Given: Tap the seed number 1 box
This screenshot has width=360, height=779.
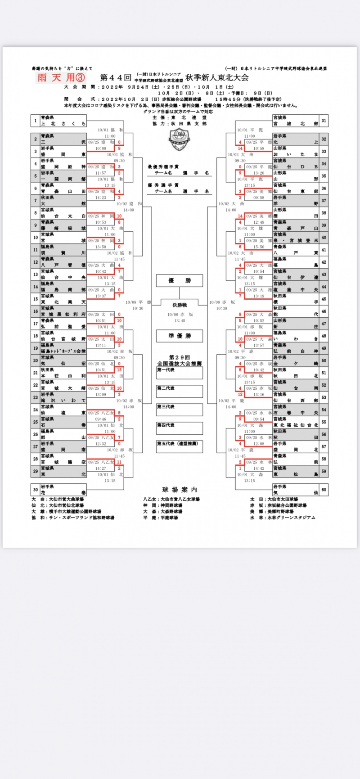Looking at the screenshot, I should point(35,121).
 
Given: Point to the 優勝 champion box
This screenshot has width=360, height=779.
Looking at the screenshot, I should point(180,281).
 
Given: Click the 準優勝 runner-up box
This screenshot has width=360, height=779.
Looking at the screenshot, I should point(180,336).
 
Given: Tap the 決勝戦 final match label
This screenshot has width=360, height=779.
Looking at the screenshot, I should point(180,305).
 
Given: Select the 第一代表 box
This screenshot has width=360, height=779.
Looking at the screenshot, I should point(180,373).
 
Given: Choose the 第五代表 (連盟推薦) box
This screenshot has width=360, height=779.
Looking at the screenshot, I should point(180,446).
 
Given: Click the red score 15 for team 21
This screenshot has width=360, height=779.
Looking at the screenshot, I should point(119,369).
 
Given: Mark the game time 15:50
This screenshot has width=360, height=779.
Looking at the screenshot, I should point(259,247).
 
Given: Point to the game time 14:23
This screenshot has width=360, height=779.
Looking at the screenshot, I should point(100,198).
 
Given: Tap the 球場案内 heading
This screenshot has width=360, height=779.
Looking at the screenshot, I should point(180,490).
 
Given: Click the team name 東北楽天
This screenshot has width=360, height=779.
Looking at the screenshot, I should point(63,302).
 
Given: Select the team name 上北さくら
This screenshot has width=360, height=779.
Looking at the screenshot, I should point(63,123).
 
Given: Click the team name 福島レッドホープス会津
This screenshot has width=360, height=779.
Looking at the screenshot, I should point(63,351).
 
